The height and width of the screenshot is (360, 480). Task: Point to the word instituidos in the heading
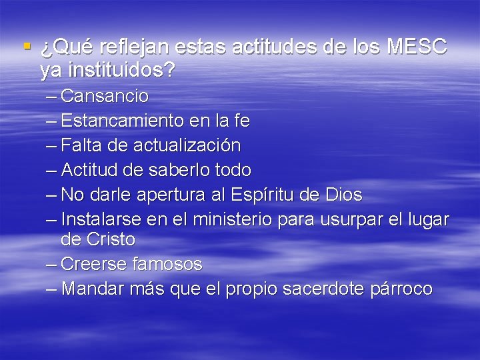[x=108, y=70]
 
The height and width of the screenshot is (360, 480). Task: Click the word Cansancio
[x=104, y=96]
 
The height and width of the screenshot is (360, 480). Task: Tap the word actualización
[x=187, y=145]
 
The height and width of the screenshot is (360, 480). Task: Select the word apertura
[x=176, y=195]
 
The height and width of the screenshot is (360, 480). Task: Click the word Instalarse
[x=96, y=219]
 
